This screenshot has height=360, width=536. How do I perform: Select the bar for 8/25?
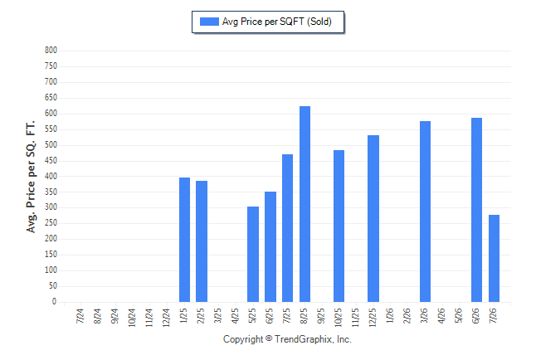[x=305, y=204]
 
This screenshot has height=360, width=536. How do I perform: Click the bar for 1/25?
[x=184, y=240]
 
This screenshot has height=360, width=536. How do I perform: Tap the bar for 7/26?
[x=494, y=258]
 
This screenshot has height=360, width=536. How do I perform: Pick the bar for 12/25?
[x=373, y=218]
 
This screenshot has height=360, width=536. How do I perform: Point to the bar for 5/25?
[x=253, y=254]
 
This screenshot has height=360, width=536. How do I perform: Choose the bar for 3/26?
[x=426, y=212]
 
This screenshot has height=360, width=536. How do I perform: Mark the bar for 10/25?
[x=339, y=226]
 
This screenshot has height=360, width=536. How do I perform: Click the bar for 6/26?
[x=476, y=210]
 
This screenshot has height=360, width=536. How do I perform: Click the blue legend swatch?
[x=209, y=22]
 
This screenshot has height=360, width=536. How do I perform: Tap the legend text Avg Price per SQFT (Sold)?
[x=277, y=22]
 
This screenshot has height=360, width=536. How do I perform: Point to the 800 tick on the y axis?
[x=51, y=51]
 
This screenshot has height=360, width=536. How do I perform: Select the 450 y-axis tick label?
[x=51, y=160]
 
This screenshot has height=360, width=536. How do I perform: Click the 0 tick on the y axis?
[x=54, y=301]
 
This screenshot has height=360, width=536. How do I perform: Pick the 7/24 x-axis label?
[x=80, y=316]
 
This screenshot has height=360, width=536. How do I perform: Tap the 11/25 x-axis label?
[x=355, y=317]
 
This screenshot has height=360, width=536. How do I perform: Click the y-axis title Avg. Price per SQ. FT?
[x=31, y=177]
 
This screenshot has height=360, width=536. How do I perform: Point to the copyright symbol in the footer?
[x=269, y=338]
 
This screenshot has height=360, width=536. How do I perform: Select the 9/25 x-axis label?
[x=320, y=316]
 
